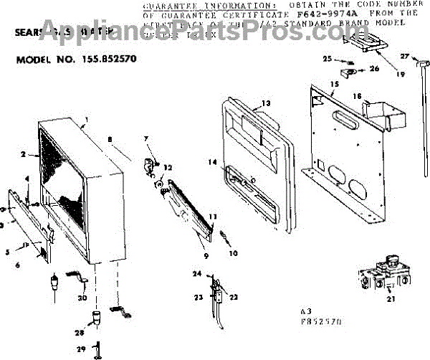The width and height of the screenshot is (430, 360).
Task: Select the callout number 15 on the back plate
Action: [333, 85]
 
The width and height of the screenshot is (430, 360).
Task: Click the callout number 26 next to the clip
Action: [373, 69]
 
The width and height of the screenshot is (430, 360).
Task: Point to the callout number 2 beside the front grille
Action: [24, 153]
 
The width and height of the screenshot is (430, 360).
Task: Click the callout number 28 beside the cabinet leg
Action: [80, 333]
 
